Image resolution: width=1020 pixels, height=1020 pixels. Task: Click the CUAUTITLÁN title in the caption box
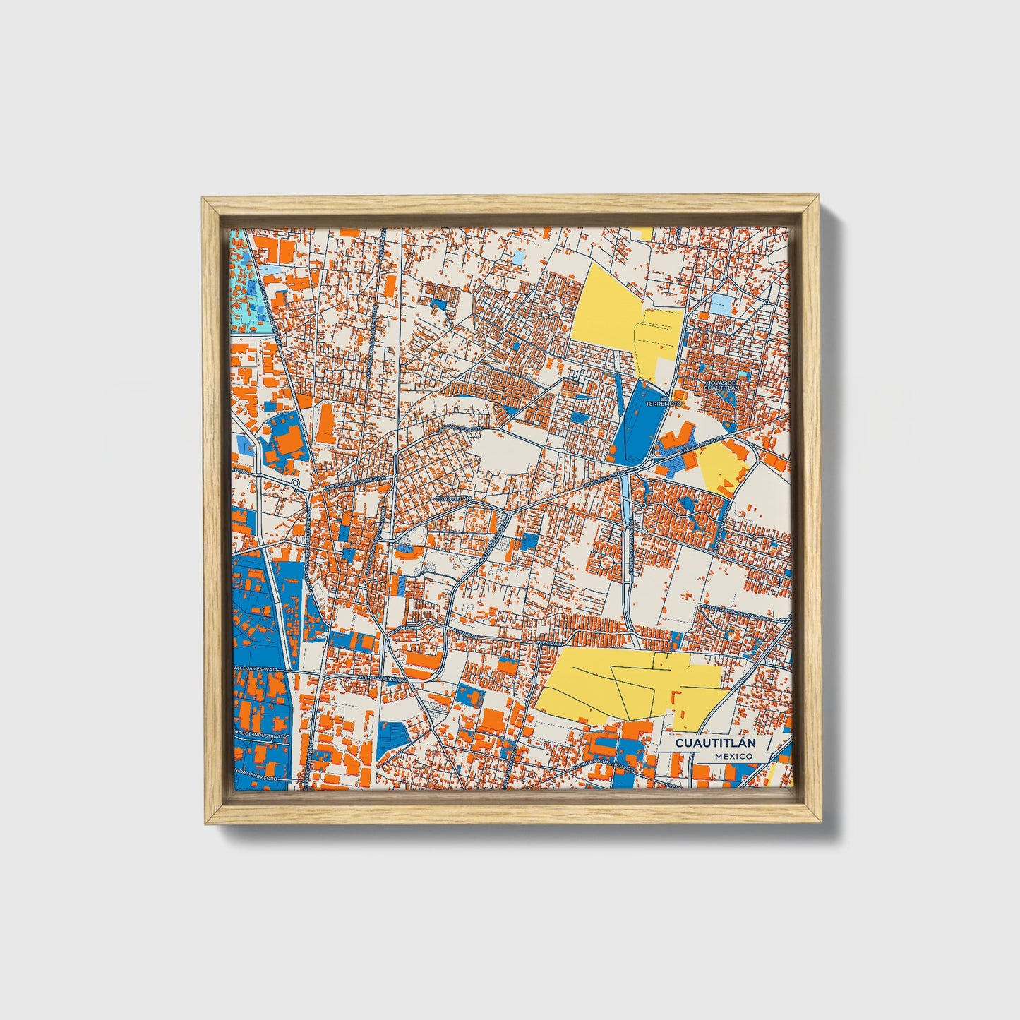pyautogui.click(x=715, y=743)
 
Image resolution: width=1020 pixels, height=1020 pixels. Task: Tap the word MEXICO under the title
pyautogui.click(x=733, y=756)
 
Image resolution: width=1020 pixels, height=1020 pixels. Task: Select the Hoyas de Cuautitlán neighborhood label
pyautogui.click(x=721, y=385)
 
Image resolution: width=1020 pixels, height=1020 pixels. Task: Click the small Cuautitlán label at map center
pyautogui.click(x=453, y=498)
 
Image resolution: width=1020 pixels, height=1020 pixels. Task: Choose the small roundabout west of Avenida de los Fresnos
pyautogui.click(x=295, y=483)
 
